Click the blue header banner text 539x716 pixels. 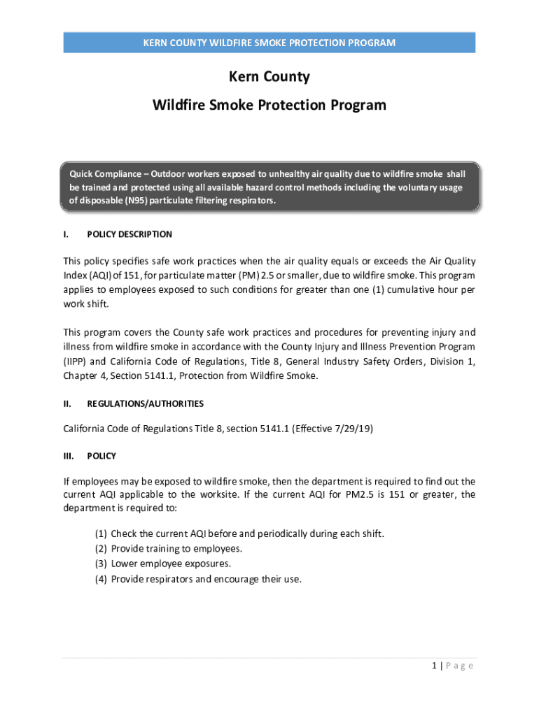tap(269, 43)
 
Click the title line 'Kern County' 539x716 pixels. tap(269, 76)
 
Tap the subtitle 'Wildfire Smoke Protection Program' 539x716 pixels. tap(269, 105)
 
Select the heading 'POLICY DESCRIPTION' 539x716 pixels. tap(129, 234)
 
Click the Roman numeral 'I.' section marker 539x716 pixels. tap(66, 234)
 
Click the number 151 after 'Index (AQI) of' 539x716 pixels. tap(131, 275)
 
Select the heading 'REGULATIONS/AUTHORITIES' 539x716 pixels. tap(145, 403)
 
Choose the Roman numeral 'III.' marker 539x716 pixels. tap(68, 456)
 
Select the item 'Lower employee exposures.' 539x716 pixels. tap(171, 563)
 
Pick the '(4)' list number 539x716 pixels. tap(101, 578)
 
